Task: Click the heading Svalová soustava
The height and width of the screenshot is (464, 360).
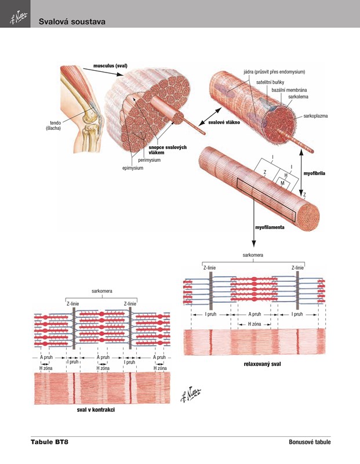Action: tap(72, 21)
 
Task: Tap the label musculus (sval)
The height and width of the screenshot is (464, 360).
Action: tap(110, 66)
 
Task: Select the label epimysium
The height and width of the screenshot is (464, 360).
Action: tap(132, 168)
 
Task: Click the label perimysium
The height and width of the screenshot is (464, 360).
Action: tap(149, 160)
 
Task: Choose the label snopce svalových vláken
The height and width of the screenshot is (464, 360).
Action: tap(168, 150)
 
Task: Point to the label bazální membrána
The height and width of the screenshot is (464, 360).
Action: tap(289, 90)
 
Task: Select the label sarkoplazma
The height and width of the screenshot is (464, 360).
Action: tap(315, 116)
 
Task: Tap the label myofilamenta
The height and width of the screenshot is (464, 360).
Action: tap(270, 228)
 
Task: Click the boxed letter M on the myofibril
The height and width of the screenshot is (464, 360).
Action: tap(282, 183)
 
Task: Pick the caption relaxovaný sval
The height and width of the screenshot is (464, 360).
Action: tap(263, 364)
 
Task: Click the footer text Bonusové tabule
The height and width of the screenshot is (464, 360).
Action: tap(310, 443)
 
